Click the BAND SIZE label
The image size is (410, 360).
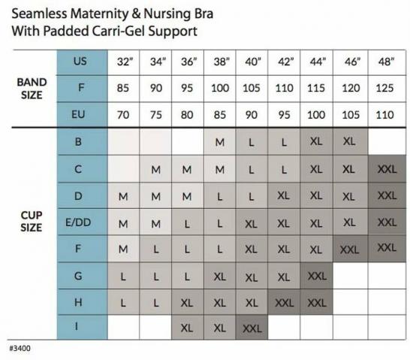point(32,89)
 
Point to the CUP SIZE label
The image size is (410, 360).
point(32,222)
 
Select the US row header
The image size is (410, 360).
point(80,61)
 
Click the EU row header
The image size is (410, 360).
point(78,114)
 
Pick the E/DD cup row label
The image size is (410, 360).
point(78,222)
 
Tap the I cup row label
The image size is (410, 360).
point(77,326)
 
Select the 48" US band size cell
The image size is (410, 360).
point(386,62)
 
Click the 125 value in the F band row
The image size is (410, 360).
point(384,88)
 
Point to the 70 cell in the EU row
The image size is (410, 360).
point(123,115)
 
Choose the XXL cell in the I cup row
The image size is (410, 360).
point(252,328)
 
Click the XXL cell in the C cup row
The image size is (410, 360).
point(387,169)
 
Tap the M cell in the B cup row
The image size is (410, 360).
point(219,142)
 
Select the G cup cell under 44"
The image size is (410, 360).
point(317,276)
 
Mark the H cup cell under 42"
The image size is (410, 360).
point(285,303)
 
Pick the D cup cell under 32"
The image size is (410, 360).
point(123,196)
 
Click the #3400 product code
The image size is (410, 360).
point(20,348)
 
